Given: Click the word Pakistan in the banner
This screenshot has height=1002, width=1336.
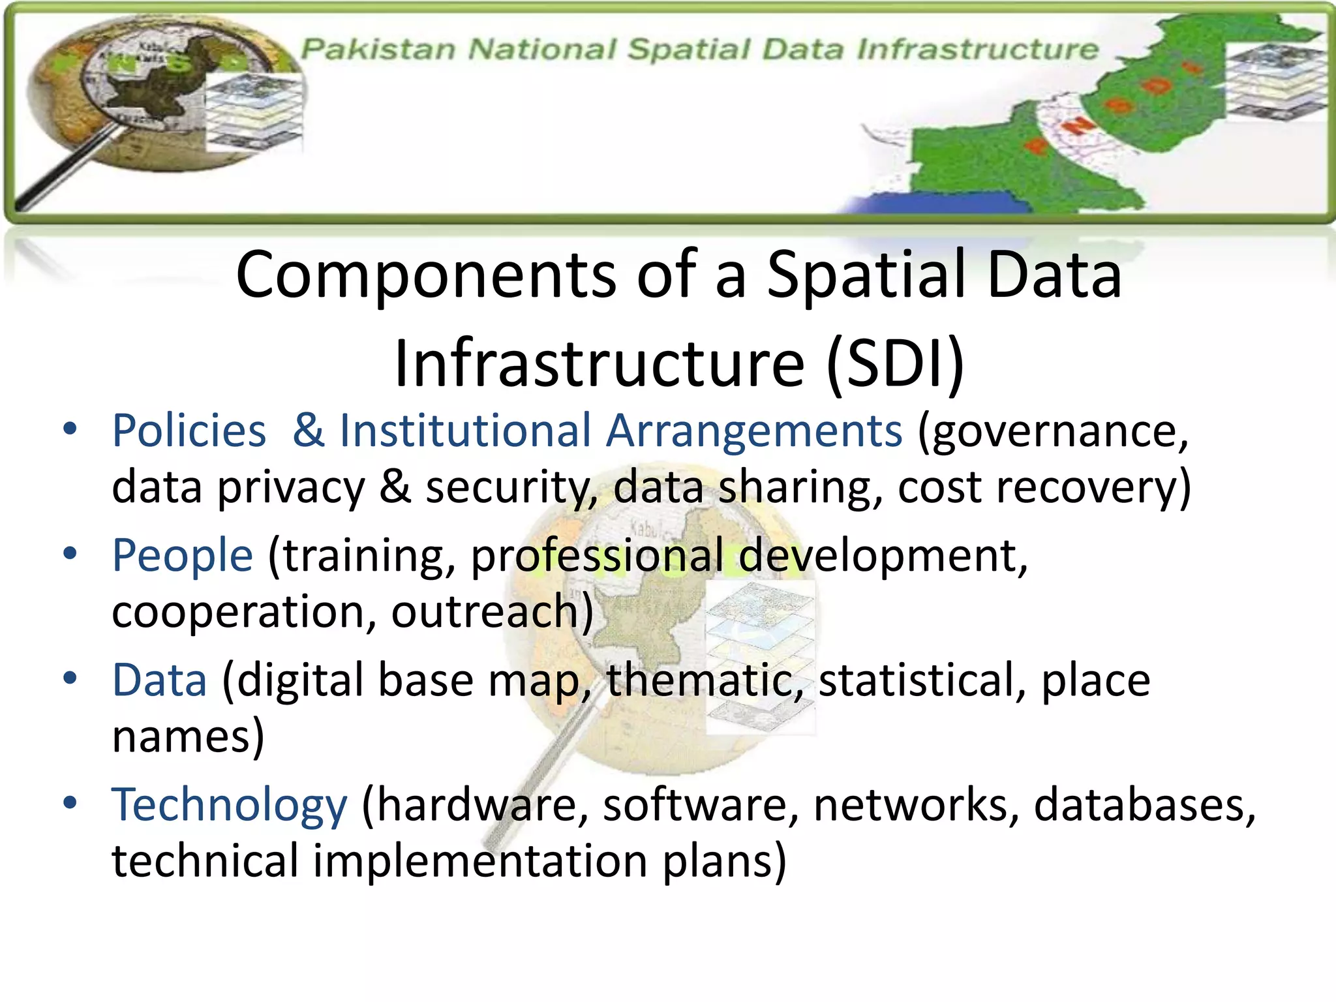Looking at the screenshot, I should click(x=378, y=49).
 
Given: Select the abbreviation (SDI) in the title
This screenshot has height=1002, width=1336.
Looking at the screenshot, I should click(x=896, y=363).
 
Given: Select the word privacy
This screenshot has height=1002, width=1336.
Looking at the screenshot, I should click(x=291, y=488).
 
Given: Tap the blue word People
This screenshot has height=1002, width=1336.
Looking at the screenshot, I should click(x=182, y=555).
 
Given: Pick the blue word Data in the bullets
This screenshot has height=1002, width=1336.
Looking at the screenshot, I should click(x=160, y=680).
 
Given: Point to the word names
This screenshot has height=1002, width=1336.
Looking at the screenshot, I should click(x=188, y=736).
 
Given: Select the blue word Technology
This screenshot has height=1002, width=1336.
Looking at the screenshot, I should click(x=230, y=805).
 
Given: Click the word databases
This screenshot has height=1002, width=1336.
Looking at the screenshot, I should click(x=1145, y=804).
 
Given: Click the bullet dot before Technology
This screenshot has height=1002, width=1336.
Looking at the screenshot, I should click(x=70, y=802).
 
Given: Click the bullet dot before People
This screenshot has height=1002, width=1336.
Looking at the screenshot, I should click(x=70, y=554).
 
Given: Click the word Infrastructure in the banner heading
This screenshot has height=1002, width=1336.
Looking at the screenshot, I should click(x=977, y=49).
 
